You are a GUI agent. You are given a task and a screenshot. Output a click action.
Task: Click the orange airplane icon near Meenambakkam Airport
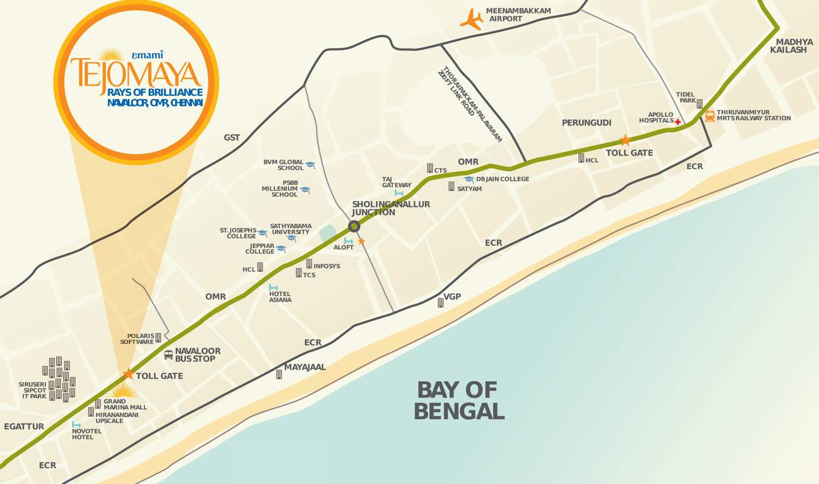(471, 19)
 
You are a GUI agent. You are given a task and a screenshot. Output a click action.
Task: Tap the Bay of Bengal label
(458, 400)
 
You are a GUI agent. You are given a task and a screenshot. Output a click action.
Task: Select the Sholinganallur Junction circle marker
(354, 226)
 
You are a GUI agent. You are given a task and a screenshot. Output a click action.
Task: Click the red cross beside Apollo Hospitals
(678, 122)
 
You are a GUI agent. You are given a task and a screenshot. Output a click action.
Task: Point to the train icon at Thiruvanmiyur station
(710, 116)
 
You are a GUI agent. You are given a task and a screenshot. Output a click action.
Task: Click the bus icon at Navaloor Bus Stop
(168, 355)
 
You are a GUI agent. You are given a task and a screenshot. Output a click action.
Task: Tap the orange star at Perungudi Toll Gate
(625, 140)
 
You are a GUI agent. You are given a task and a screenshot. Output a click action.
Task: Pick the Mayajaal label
(305, 367)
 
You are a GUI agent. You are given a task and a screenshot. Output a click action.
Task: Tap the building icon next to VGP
(441, 302)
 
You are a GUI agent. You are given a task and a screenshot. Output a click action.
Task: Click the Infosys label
(327, 266)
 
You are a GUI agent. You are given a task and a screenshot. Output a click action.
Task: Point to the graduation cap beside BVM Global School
(310, 165)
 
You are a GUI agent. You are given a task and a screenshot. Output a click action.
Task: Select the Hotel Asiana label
(280, 297)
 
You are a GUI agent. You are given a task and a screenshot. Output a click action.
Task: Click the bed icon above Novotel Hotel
(76, 425)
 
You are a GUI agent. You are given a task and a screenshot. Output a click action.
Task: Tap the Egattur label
(24, 427)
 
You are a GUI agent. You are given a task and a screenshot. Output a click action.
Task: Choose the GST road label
(231, 137)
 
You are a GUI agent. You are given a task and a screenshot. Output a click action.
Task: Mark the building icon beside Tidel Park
(699, 103)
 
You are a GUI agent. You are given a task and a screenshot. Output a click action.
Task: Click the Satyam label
(469, 188)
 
